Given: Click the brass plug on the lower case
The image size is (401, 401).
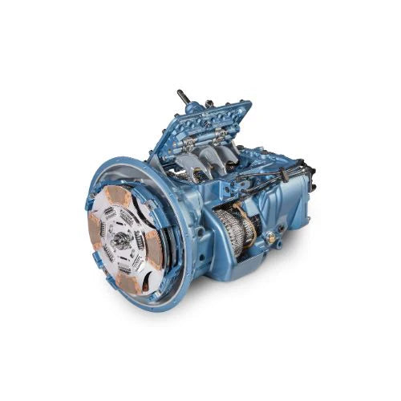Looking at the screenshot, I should tap(271, 237).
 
